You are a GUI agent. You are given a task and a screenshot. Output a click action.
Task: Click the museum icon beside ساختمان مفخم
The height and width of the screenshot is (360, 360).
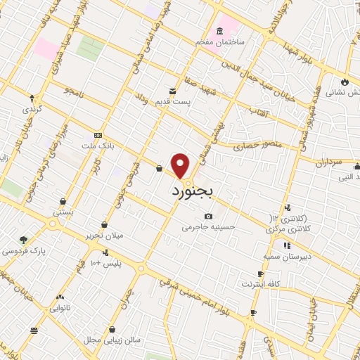point(219,31)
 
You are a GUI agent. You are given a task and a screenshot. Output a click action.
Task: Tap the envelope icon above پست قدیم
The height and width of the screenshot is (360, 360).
point(172,90)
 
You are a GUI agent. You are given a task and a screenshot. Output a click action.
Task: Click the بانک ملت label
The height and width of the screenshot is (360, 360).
point(98,146)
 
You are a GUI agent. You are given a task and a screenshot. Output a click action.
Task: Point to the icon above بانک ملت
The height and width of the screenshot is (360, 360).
point(98,135)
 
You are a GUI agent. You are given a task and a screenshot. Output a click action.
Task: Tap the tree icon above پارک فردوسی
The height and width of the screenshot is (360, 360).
point(24,240)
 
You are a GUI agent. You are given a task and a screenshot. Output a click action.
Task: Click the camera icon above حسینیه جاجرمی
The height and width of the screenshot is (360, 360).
point(207,216)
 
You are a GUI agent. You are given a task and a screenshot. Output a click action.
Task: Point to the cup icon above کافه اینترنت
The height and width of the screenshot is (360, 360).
point(260,274)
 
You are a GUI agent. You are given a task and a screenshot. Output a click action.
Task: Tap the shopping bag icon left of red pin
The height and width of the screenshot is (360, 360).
point(159,169)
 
